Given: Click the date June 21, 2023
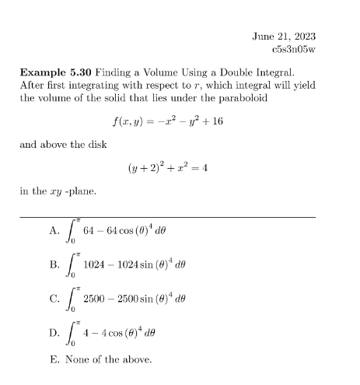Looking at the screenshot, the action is coord(285,37).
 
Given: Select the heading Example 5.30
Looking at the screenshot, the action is coord(55,72).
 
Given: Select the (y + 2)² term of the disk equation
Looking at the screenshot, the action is coord(146,166).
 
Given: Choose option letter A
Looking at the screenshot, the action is coord(53,230).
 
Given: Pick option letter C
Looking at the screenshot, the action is coord(53,297).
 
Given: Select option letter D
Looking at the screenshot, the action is coord(53,331).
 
